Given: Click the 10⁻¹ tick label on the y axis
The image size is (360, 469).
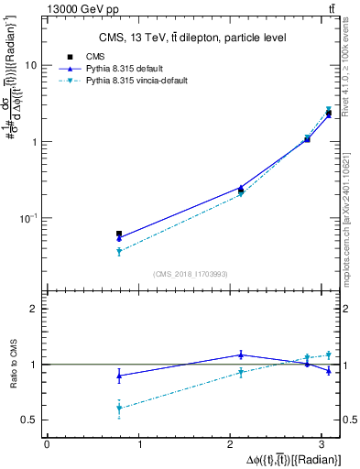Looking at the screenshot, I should tap(27, 218).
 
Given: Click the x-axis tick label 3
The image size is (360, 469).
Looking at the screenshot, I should tap(327, 444).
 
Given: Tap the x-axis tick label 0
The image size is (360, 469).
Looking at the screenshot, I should tap(47, 444).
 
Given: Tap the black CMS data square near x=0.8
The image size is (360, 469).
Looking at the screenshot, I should tap(119, 234).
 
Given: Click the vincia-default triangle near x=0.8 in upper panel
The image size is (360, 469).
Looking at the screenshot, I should tap(119, 251).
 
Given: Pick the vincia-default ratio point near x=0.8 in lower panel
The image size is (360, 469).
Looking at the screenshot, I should tap(119, 409).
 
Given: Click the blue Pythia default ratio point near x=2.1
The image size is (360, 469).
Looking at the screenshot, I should tap(241, 354).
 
